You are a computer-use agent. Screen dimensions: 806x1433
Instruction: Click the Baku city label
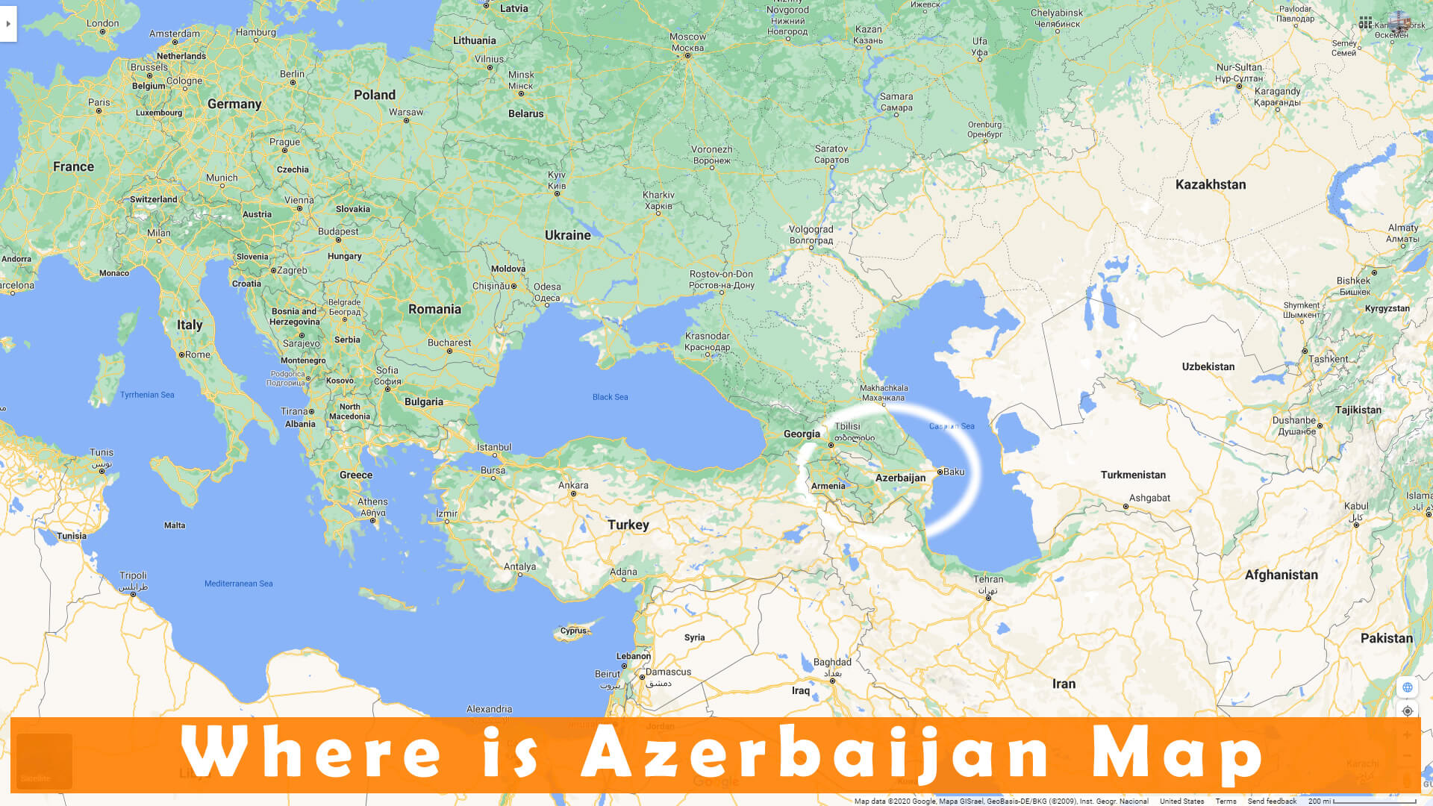tap(954, 472)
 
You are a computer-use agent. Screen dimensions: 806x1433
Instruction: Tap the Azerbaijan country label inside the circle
tap(900, 478)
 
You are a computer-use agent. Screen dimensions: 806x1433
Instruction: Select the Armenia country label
tap(828, 486)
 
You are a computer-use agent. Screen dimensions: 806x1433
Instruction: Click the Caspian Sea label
tap(952, 426)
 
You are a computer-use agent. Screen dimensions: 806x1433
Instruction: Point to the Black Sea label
tap(610, 397)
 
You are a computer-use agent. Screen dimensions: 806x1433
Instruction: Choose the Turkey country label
tap(628, 525)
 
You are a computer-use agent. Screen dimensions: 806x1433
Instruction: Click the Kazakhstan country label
tap(1210, 184)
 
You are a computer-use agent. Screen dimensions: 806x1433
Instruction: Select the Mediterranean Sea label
tap(238, 584)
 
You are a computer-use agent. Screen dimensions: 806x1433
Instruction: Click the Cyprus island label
tap(573, 631)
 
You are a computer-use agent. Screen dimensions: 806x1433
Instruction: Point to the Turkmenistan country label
tap(1132, 475)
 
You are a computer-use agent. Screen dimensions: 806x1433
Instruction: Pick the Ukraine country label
tap(567, 235)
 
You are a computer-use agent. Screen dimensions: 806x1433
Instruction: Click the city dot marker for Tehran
tap(988, 598)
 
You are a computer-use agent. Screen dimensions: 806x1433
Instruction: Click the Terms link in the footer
tap(1226, 801)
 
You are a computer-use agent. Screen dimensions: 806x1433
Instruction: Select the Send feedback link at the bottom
tap(1272, 801)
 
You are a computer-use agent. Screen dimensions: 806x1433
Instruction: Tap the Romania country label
tap(434, 309)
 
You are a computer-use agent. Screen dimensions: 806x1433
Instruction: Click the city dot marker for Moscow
tap(687, 56)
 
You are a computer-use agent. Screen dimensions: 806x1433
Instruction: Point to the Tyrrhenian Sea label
tap(147, 395)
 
